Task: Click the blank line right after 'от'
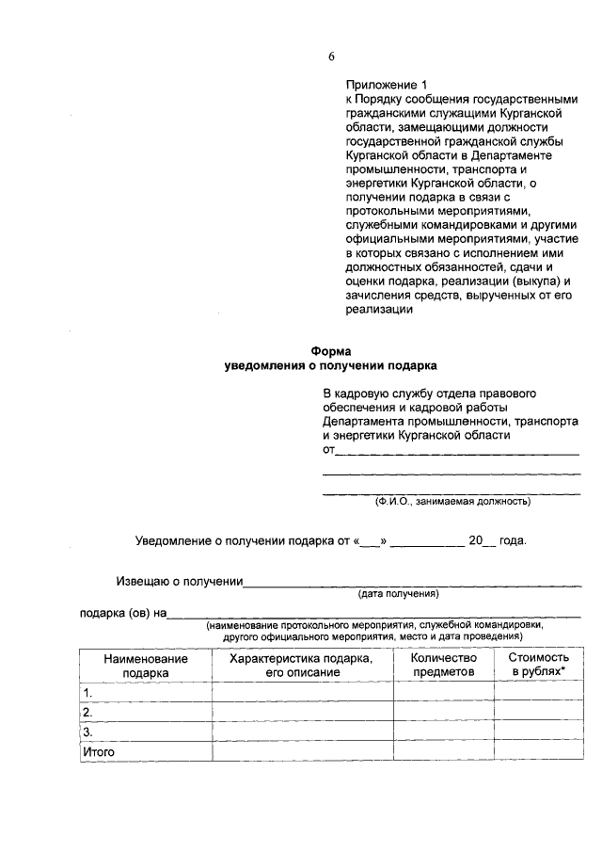click(x=457, y=452)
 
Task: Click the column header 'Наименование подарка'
click(x=145, y=666)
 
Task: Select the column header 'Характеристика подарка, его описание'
click(x=302, y=666)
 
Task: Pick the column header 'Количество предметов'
click(x=443, y=666)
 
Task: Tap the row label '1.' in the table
click(x=87, y=692)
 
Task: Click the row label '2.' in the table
click(x=87, y=712)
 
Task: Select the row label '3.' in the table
click(x=87, y=731)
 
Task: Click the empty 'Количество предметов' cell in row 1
click(x=443, y=692)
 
